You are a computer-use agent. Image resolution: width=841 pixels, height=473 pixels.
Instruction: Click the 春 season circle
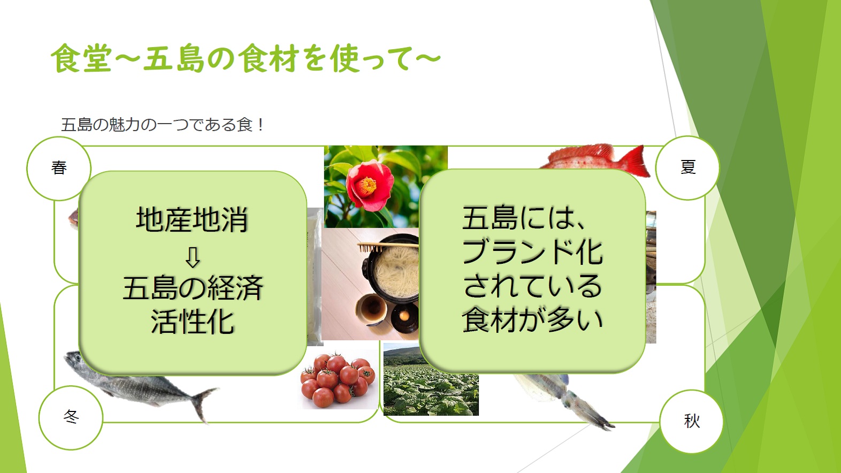coord(59,168)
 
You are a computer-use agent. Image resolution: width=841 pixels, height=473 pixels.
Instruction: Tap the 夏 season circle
coord(687,167)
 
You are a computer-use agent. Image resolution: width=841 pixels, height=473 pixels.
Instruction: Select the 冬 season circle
coord(71,417)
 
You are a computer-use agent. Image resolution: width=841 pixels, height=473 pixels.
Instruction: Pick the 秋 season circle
coord(692,421)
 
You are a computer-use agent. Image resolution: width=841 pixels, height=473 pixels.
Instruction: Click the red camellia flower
coord(370,186)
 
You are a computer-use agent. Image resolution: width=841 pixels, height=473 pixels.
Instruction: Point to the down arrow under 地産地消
coord(193,257)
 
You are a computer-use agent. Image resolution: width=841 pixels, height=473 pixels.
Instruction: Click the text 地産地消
coord(192,219)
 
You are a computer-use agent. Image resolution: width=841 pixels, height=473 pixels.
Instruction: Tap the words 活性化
coord(193,322)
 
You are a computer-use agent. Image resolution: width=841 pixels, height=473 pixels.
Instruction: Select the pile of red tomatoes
coord(339,380)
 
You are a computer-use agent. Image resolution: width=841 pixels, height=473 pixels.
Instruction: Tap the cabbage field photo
coord(431,380)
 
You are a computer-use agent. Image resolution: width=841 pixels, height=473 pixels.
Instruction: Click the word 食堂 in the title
coord(81,58)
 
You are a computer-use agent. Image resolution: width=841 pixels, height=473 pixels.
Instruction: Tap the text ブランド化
coord(532,251)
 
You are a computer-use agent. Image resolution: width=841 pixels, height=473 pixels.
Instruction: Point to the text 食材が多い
coord(532,320)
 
